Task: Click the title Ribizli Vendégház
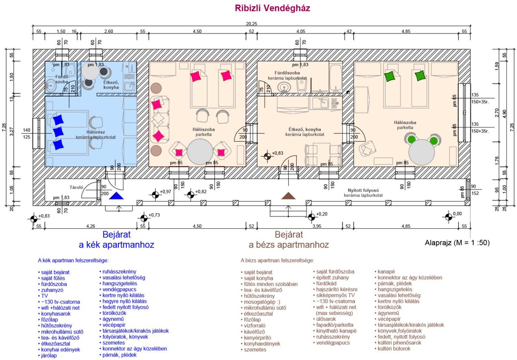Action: pyautogui.click(x=272, y=8)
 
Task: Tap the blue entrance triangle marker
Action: pyautogui.click(x=116, y=196)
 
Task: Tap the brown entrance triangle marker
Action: pyautogui.click(x=288, y=196)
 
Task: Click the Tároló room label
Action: pyautogui.click(x=76, y=188)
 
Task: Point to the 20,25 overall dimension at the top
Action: pyautogui.click(x=251, y=24)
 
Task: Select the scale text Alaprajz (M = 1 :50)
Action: pyautogui.click(x=457, y=243)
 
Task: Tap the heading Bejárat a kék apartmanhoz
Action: pyautogui.click(x=117, y=240)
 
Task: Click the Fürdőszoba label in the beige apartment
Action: pyautogui.click(x=287, y=73)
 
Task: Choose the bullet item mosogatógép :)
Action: pyautogui.click(x=262, y=302)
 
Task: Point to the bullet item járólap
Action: pyautogui.click(x=49, y=355)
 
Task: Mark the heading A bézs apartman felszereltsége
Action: pyautogui.click(x=277, y=260)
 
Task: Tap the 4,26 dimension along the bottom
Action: pyautogui.click(x=90, y=226)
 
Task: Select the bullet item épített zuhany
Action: pyautogui.click(x=332, y=277)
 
